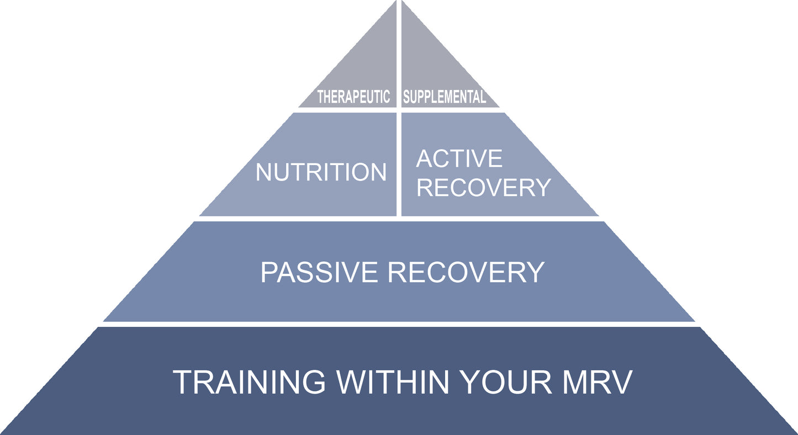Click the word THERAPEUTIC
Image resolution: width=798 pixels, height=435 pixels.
[353, 98]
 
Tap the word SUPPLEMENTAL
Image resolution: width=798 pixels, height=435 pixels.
[445, 98]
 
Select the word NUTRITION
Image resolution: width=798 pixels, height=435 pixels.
[321, 172]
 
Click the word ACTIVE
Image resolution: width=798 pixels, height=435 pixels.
[459, 159]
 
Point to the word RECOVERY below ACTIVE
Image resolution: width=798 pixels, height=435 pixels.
[484, 188]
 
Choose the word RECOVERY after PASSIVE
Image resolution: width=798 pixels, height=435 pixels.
[467, 272]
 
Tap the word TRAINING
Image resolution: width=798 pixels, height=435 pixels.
[250, 382]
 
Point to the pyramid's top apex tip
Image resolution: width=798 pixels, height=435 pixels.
[399, 2]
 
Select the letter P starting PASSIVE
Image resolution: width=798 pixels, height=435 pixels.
[268, 272]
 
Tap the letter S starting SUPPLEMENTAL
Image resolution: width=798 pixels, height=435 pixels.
[406, 98]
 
